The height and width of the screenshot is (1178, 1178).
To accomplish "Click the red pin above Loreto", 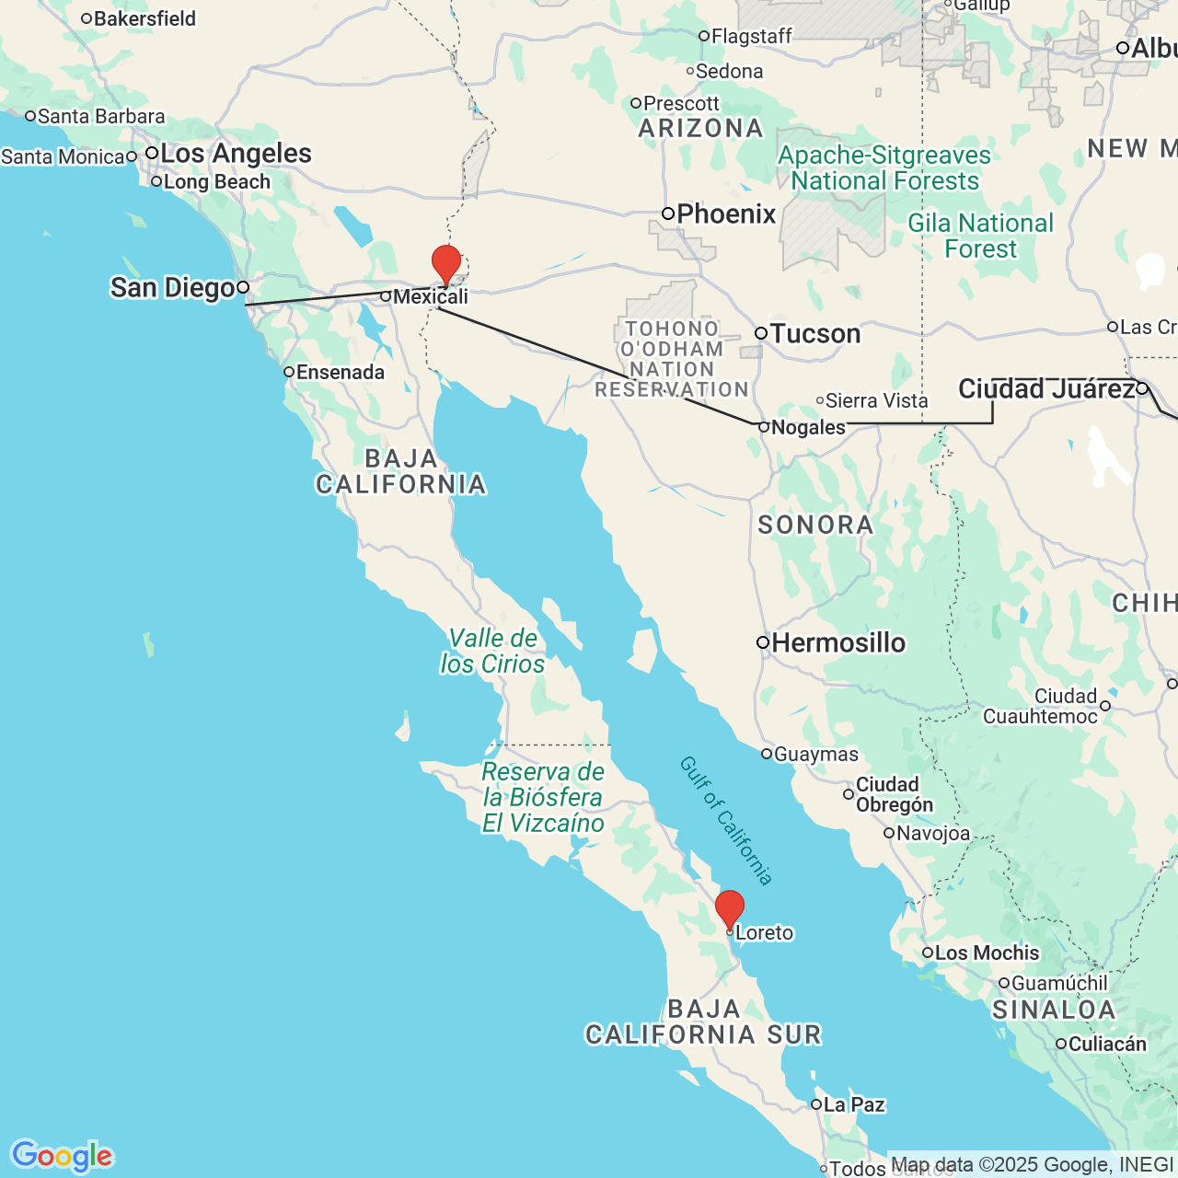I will (x=730, y=908).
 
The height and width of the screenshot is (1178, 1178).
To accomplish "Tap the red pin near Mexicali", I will (x=446, y=263).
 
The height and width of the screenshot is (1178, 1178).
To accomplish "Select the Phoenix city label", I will (x=726, y=214).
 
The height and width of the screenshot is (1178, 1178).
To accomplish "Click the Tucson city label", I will (x=815, y=333).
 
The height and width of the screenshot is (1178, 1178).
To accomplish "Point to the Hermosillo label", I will (x=838, y=642).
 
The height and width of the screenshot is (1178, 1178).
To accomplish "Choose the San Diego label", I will (x=172, y=288).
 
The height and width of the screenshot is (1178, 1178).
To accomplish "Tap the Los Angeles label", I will (x=236, y=154).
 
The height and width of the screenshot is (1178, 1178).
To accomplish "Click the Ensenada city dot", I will (x=289, y=372).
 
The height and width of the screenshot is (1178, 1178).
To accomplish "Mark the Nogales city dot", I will (x=763, y=427).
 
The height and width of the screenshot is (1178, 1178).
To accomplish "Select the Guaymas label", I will (x=815, y=755).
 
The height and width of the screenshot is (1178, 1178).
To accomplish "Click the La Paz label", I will (x=854, y=1104).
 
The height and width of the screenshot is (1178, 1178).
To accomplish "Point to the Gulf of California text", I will (x=726, y=820).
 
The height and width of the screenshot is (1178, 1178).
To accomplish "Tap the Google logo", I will (x=62, y=1156).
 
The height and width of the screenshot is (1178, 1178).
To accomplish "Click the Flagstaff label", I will (x=751, y=37).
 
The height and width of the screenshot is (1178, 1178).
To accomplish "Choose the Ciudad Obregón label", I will (x=894, y=794).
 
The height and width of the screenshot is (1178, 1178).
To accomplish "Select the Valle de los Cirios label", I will (x=492, y=651).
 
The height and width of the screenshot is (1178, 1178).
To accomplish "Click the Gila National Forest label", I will (x=980, y=236).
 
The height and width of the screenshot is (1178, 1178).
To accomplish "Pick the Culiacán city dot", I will (x=1061, y=1044).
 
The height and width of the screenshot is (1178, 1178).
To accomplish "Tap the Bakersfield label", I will (x=144, y=18).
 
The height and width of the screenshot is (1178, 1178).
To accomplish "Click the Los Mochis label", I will (x=987, y=953).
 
